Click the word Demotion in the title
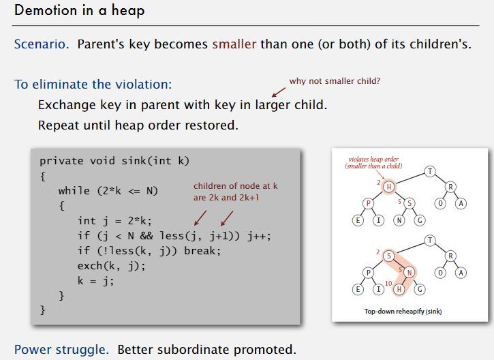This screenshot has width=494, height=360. (x=46, y=10)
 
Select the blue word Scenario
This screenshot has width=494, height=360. (x=42, y=44)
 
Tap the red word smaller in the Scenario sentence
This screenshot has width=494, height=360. (x=234, y=44)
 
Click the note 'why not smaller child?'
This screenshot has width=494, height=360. (x=335, y=81)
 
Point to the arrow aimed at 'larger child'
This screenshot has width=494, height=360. (x=279, y=92)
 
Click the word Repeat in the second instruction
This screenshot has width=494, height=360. (x=59, y=125)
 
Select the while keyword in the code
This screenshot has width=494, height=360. (x=74, y=191)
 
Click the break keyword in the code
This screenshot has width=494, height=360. (x=202, y=251)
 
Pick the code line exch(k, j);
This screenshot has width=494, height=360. (x=112, y=266)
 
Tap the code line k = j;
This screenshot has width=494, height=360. (x=96, y=280)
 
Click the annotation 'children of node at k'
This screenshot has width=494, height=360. (x=236, y=186)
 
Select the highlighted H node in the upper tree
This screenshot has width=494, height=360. (x=389, y=187)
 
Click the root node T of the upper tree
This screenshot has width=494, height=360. (x=430, y=172)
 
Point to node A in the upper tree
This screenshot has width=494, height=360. (x=461, y=203)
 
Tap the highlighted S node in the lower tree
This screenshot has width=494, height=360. (x=389, y=256)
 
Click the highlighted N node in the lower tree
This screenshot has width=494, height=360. (x=410, y=273)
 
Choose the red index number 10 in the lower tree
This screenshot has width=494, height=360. (x=388, y=283)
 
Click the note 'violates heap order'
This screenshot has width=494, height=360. (x=373, y=159)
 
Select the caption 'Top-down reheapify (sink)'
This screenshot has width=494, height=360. (x=403, y=312)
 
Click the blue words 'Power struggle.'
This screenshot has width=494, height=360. (x=62, y=350)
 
